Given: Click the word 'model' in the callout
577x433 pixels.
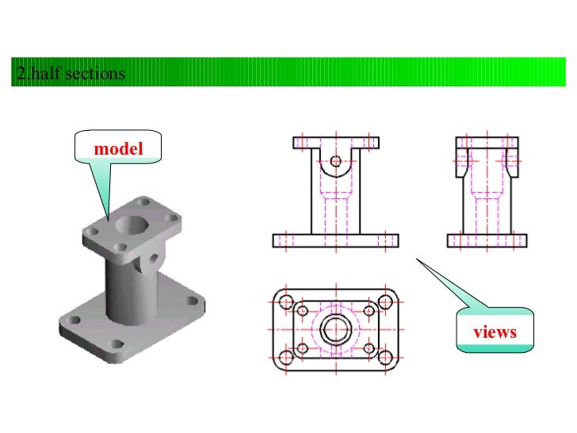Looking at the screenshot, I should click(117, 149).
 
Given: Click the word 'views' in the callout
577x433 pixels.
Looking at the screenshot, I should click(495, 331).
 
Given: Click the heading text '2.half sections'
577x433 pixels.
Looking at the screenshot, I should click(70, 75).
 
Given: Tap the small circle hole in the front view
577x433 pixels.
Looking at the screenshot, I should click(336, 161).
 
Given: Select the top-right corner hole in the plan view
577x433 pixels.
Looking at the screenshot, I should click(386, 302).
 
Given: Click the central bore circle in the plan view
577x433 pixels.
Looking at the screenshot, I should click(336, 328).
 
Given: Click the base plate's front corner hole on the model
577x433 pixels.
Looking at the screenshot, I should click(117, 345).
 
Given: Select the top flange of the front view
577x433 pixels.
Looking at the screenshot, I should click(336, 143).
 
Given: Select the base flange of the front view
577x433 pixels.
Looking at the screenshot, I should click(336, 240).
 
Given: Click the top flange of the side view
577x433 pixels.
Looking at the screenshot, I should click(487, 143).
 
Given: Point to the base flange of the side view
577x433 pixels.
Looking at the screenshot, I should click(487, 240).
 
